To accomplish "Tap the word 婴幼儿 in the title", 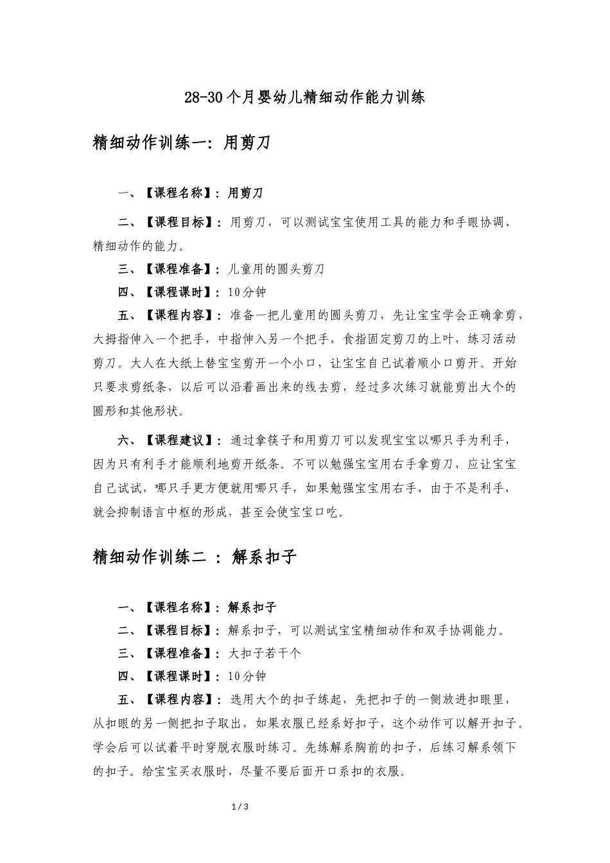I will [x=270, y=98].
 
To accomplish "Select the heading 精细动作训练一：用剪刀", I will [x=181, y=143].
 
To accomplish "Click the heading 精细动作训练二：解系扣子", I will [x=195, y=557].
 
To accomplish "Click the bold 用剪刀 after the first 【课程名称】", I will [x=245, y=193].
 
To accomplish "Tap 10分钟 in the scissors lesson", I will [x=247, y=292].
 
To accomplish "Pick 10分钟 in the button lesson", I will [x=247, y=676].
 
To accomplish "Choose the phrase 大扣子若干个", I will [x=265, y=653].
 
